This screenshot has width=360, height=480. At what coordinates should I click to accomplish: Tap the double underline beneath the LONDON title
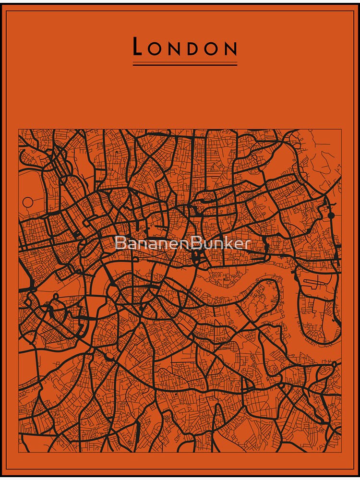pyautogui.click(x=185, y=63)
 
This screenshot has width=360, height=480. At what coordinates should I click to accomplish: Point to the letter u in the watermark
pyautogui.click(x=206, y=244)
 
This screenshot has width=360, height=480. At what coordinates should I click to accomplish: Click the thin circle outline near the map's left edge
pyautogui.click(x=28, y=202)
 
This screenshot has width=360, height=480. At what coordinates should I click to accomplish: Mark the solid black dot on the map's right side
pyautogui.click(x=331, y=215)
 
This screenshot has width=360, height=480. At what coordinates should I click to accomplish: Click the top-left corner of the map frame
pyautogui.click(x=19, y=129)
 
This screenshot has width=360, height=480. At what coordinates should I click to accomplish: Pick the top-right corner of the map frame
pyautogui.click(x=341, y=129)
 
